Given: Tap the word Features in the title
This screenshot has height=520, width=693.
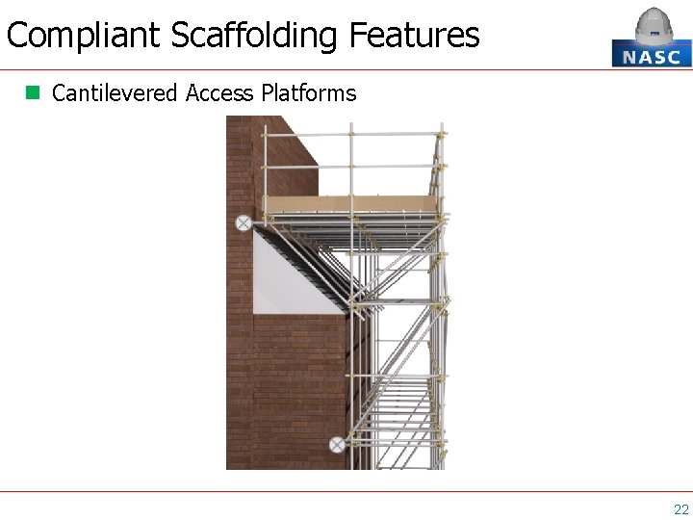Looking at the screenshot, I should (x=414, y=36).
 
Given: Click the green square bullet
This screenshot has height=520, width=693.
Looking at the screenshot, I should (x=33, y=92).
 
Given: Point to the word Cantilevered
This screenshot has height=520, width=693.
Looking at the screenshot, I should (x=115, y=93).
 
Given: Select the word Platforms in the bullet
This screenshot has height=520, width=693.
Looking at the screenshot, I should (x=308, y=93).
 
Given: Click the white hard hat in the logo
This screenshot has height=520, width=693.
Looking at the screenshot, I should (x=654, y=25).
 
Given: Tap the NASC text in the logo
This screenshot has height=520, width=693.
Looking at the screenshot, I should (x=652, y=56).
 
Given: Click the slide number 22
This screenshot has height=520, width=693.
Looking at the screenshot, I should (x=680, y=509).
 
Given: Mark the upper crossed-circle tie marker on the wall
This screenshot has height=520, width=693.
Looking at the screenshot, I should (x=244, y=222).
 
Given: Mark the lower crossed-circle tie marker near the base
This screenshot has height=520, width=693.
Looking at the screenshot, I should (x=337, y=444).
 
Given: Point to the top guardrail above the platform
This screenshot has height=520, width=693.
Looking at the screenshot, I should (x=351, y=134).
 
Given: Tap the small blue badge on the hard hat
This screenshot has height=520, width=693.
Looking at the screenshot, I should (x=654, y=32).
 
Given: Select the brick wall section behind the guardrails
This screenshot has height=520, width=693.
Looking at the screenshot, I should (x=289, y=164).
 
